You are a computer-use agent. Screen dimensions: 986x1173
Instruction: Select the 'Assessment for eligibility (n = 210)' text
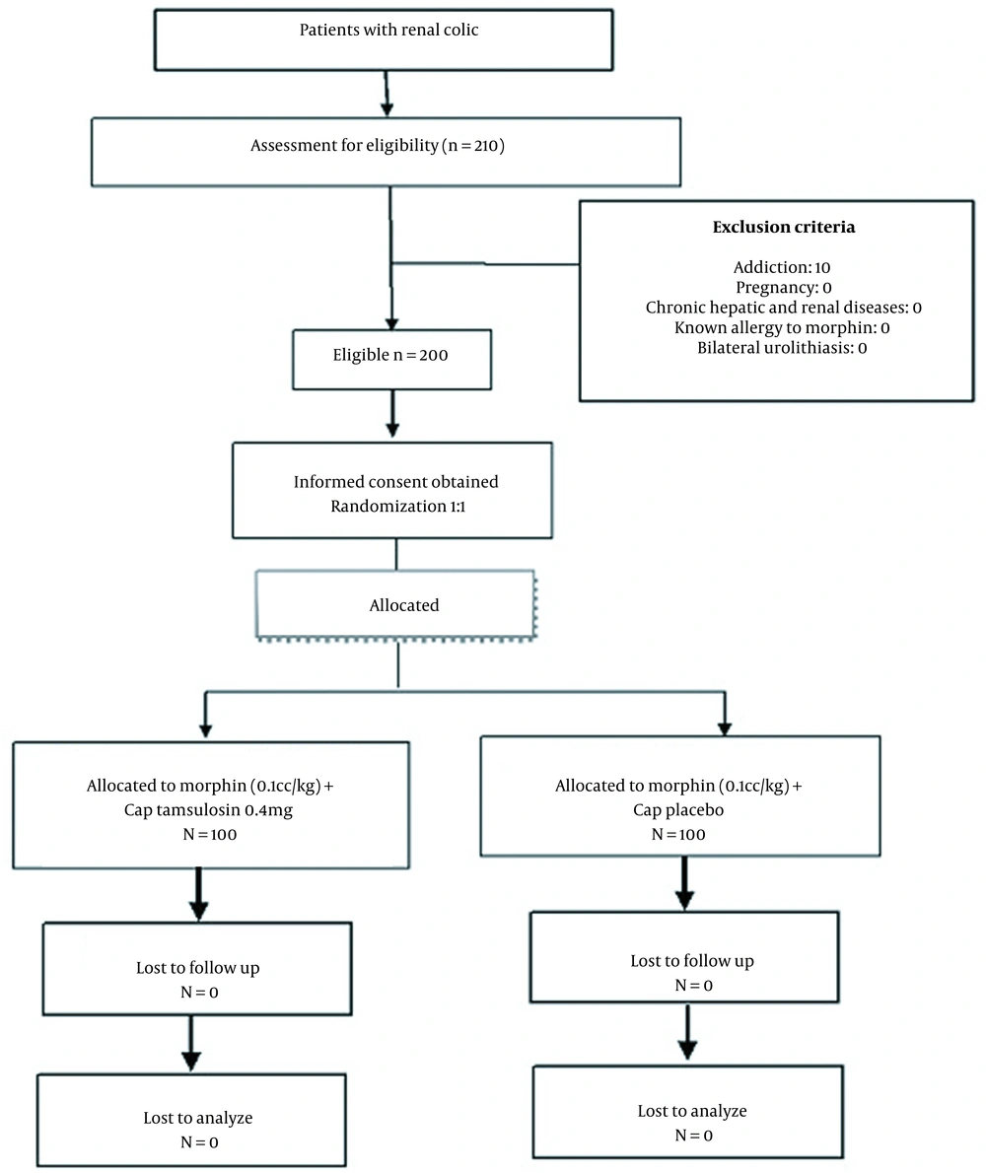(x=378, y=145)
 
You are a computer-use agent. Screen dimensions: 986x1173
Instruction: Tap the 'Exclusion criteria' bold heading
(x=783, y=227)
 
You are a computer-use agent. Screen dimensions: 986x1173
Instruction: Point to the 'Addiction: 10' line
(x=782, y=267)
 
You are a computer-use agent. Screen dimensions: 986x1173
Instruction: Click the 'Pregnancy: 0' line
(x=783, y=287)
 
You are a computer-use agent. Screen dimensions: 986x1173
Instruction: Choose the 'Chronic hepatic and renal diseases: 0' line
(x=783, y=308)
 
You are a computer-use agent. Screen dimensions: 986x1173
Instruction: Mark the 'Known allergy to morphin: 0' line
(x=782, y=327)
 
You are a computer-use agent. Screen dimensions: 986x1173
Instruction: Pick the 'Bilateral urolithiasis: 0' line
(x=782, y=348)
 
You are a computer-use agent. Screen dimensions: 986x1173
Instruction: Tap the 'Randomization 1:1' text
(x=398, y=507)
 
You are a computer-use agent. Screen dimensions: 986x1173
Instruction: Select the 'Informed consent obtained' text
(x=395, y=482)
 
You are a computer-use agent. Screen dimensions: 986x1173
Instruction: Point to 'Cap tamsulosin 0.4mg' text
(x=208, y=809)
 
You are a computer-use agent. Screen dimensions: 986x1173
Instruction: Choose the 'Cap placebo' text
(x=678, y=809)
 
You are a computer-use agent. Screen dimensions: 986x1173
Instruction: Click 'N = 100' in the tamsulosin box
(x=209, y=834)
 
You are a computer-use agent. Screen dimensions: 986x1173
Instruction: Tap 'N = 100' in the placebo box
(x=678, y=834)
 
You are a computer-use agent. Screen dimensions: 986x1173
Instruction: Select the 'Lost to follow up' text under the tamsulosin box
(x=197, y=968)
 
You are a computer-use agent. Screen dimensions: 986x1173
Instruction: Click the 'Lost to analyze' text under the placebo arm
(x=692, y=1111)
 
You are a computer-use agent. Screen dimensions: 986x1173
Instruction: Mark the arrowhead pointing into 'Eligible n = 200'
(x=391, y=324)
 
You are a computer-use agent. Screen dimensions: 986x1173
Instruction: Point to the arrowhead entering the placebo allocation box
(x=724, y=729)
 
